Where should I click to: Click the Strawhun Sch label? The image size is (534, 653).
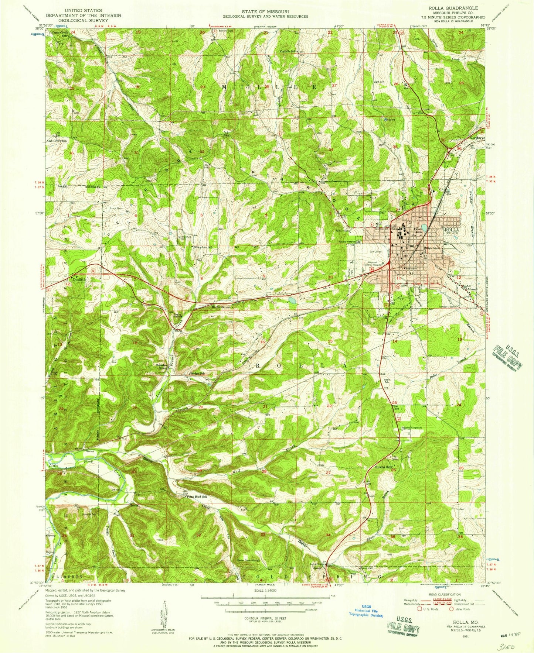coord(203,247)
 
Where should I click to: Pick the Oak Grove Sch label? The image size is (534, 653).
coord(57,141)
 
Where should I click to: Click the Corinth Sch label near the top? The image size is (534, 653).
coord(288,51)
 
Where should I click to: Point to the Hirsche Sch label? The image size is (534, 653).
coord(384,467)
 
